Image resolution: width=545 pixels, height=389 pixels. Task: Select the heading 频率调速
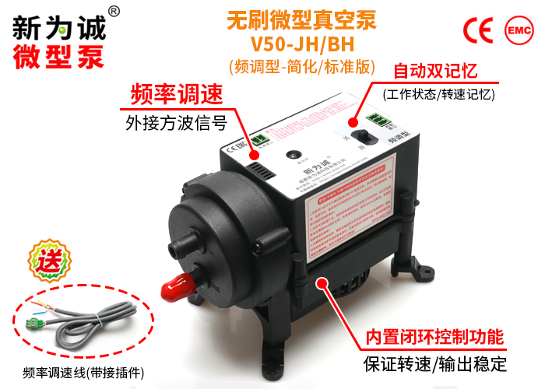click(176, 94)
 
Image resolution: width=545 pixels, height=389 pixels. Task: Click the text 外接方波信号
click(176, 122)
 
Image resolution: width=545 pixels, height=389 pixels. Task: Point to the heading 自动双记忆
click(436, 71)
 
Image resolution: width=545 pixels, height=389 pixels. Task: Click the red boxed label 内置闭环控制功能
click(435, 338)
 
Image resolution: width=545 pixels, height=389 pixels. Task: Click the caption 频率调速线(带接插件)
click(84, 371)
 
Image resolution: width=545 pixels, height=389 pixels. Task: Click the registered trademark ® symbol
click(114, 10)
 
